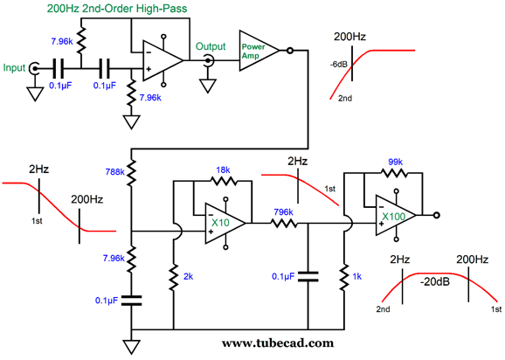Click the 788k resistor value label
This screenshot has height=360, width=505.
115,172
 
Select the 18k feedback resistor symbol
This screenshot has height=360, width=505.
223,181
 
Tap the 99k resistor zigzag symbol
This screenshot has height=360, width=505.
394,173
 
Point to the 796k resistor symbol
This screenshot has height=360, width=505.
283,223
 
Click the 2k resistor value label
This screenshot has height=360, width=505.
188,276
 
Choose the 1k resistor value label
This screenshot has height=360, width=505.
356,276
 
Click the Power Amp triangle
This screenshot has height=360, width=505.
259,51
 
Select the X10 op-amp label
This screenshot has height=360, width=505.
221,223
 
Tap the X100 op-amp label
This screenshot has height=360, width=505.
393,217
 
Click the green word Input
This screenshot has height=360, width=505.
14,68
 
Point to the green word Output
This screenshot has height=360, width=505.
211,46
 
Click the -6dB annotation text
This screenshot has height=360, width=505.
338,65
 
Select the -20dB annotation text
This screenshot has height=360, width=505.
435,281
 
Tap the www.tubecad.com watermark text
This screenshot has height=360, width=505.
278,343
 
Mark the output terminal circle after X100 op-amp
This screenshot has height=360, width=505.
436,215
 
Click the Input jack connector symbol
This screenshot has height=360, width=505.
34,68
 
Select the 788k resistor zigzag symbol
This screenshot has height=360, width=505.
131,173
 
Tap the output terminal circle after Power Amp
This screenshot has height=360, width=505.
290,51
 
